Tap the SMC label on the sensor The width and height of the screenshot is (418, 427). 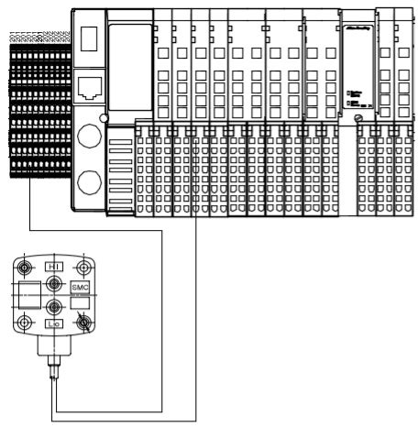click(80, 287)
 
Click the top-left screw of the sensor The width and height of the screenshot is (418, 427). click(25, 269)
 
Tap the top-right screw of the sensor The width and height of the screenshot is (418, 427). click(83, 268)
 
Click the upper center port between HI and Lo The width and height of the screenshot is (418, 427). click(54, 284)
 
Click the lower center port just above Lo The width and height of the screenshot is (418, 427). click(54, 308)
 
